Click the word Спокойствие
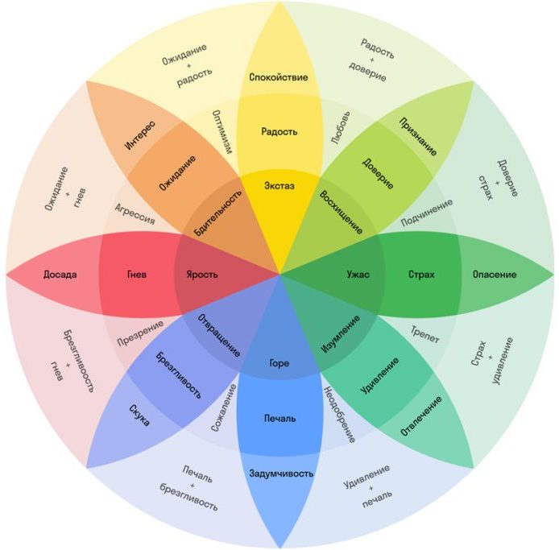pyautogui.click(x=279, y=77)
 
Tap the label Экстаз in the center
pyautogui.click(x=279, y=186)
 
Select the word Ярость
pyautogui.click(x=202, y=275)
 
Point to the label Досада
pyautogui.click(x=60, y=275)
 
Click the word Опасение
pyautogui.click(x=495, y=275)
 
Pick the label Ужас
pyautogui.click(x=358, y=275)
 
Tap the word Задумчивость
pyautogui.click(x=281, y=473)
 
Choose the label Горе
pyautogui.click(x=279, y=363)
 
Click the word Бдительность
pyautogui.click(x=217, y=213)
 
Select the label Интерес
pyautogui.click(x=140, y=135)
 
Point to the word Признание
pyautogui.click(x=418, y=137)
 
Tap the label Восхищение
pyautogui.click(x=342, y=212)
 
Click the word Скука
pyautogui.click(x=139, y=416)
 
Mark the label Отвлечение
pyautogui.click(x=421, y=416)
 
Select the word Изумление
pyautogui.click(x=341, y=334)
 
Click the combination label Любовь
pyautogui.click(x=341, y=128)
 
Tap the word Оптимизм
pyautogui.click(x=222, y=132)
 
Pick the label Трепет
pyautogui.click(x=425, y=334)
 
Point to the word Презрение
pyautogui.click(x=140, y=333)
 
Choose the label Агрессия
pyautogui.click(x=135, y=214)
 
